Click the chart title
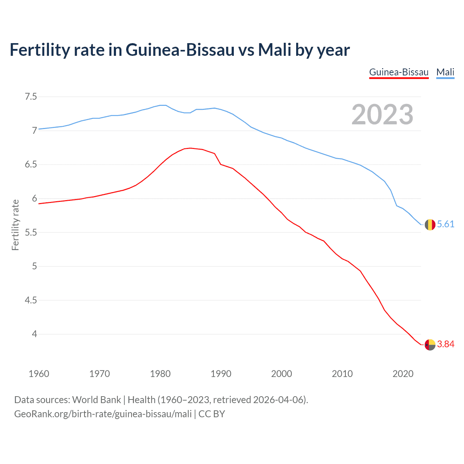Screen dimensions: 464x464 click(179, 50)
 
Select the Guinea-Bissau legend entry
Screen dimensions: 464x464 click(399, 72)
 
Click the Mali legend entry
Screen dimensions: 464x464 click(445, 72)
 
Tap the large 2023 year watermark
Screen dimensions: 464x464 click(382, 115)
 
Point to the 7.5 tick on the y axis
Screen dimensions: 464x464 click(31, 97)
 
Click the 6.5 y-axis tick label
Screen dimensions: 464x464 click(31, 165)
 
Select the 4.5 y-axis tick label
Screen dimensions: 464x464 click(31, 300)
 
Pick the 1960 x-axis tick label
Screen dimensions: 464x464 click(39, 374)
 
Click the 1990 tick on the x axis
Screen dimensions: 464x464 click(221, 374)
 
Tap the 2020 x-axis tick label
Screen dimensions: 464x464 click(403, 374)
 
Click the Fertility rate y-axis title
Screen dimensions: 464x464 click(15, 225)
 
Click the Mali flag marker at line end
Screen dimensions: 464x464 click(430, 225)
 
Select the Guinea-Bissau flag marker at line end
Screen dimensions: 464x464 click(430, 344)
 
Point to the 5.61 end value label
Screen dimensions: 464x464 click(446, 224)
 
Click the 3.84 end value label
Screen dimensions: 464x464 click(446, 344)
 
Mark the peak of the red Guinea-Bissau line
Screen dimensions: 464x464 click(190, 148)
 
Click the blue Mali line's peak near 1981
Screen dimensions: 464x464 click(163, 105)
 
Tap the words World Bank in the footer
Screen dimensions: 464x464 click(96, 400)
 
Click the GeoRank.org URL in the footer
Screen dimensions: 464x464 click(103, 414)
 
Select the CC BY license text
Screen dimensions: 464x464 click(212, 414)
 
